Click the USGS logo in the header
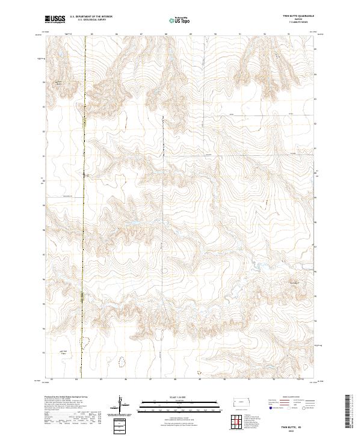click(55, 20)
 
